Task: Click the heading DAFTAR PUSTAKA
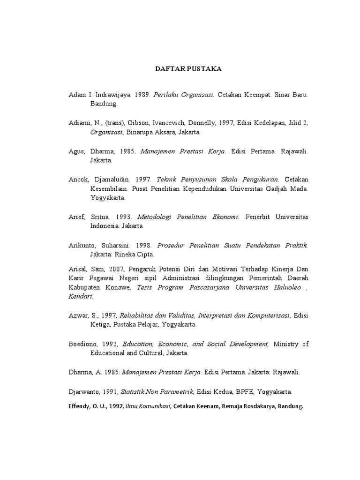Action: (182, 69)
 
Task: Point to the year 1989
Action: (141, 95)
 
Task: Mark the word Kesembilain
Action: (110, 188)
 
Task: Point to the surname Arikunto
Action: (82, 245)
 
